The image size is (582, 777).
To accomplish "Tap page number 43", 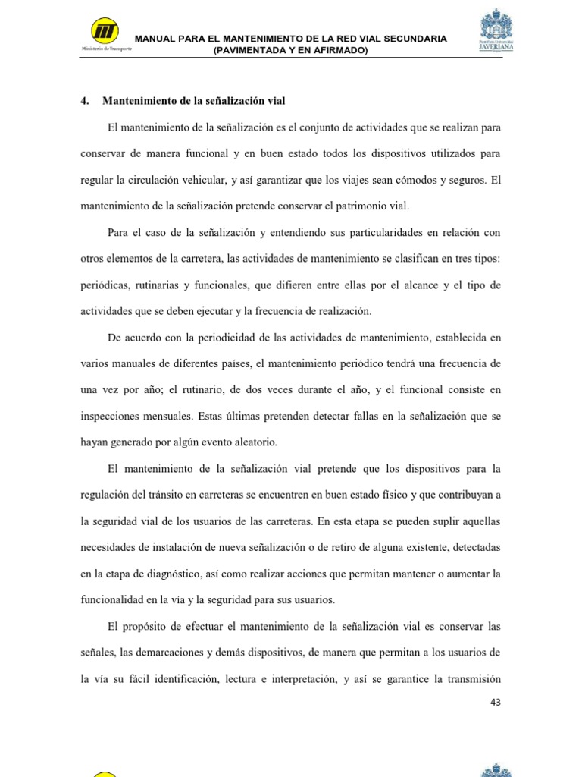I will tap(496, 703).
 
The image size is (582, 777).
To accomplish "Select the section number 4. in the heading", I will tap(85, 101).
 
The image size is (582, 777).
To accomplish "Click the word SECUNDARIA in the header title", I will tap(411, 39).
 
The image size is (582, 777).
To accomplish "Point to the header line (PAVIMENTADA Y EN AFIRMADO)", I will tap(290, 50).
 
